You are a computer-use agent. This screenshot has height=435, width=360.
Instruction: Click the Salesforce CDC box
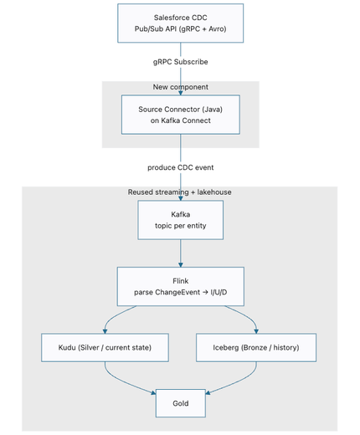coord(180,23)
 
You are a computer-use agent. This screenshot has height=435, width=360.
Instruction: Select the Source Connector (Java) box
coord(181,115)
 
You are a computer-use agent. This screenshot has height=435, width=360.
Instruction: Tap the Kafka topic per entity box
coord(181,220)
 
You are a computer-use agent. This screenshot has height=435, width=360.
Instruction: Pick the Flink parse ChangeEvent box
coord(181,287)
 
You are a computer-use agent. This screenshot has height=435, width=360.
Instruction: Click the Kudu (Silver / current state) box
coord(105,347)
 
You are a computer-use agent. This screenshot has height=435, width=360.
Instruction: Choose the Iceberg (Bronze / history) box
coord(256,347)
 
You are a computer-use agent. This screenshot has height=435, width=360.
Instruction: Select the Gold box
coord(181,403)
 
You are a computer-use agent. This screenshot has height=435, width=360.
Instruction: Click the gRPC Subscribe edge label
coord(181,62)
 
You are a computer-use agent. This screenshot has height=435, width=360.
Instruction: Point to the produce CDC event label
coord(181,167)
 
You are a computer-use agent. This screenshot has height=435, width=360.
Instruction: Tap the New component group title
coord(181,87)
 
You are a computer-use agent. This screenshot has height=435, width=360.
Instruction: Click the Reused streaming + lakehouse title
coord(180,192)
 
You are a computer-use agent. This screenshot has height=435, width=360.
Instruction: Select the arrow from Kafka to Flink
coord(181,253)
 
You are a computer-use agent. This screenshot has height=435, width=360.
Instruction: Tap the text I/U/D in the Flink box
coord(219,292)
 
